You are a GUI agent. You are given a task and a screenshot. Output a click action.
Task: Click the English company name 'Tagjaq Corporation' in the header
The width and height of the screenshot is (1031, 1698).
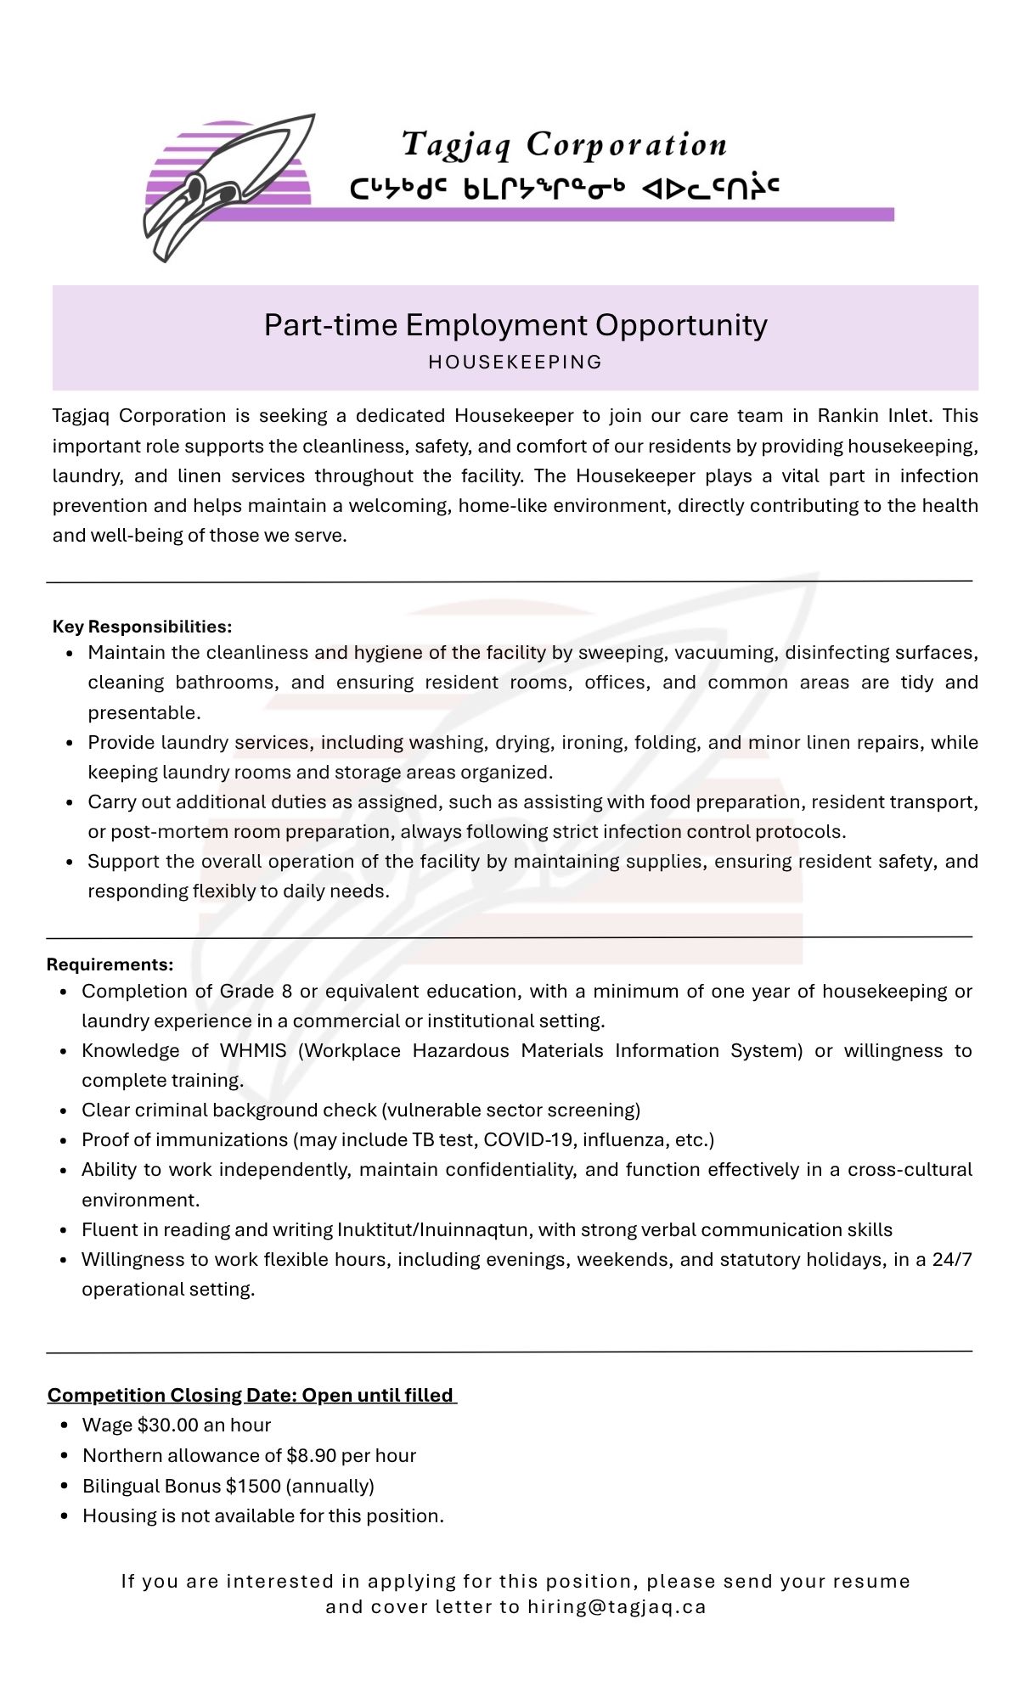(x=564, y=144)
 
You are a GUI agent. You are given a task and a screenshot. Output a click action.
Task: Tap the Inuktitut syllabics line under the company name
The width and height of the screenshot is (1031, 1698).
(x=564, y=188)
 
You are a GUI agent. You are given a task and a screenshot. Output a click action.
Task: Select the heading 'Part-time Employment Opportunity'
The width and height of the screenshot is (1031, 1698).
(x=515, y=325)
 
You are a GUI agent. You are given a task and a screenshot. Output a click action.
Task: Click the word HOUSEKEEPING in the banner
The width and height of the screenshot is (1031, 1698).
(x=515, y=363)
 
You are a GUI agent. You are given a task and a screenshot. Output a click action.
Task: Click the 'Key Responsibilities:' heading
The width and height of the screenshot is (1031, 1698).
(x=142, y=627)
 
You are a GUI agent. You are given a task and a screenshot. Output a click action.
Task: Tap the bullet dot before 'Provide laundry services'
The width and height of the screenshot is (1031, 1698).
(x=70, y=743)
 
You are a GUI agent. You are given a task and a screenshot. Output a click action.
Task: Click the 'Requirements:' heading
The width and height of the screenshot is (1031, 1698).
(x=110, y=964)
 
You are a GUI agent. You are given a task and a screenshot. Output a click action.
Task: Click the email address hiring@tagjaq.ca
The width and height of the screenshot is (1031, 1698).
(x=617, y=1607)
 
